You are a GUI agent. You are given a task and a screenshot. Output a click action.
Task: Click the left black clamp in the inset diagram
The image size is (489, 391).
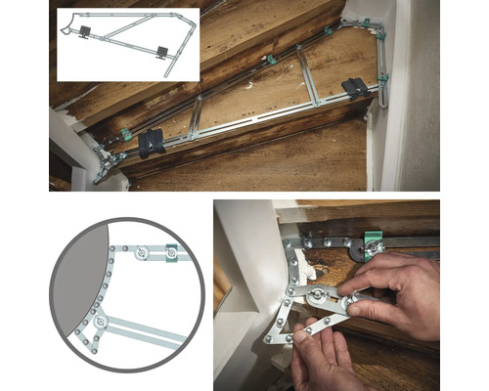click(x=84, y=32)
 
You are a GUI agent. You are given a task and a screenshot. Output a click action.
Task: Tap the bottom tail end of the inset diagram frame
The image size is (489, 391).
click(x=168, y=71)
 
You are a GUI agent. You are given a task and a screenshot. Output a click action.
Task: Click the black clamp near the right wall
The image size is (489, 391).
click(x=356, y=87)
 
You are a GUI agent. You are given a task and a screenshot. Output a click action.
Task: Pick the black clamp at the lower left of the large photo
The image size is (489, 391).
click(x=152, y=144)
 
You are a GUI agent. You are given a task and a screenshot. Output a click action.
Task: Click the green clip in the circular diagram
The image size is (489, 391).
click(x=171, y=252)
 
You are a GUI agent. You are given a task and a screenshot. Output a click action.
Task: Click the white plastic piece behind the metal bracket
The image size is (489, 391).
click(x=305, y=265)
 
